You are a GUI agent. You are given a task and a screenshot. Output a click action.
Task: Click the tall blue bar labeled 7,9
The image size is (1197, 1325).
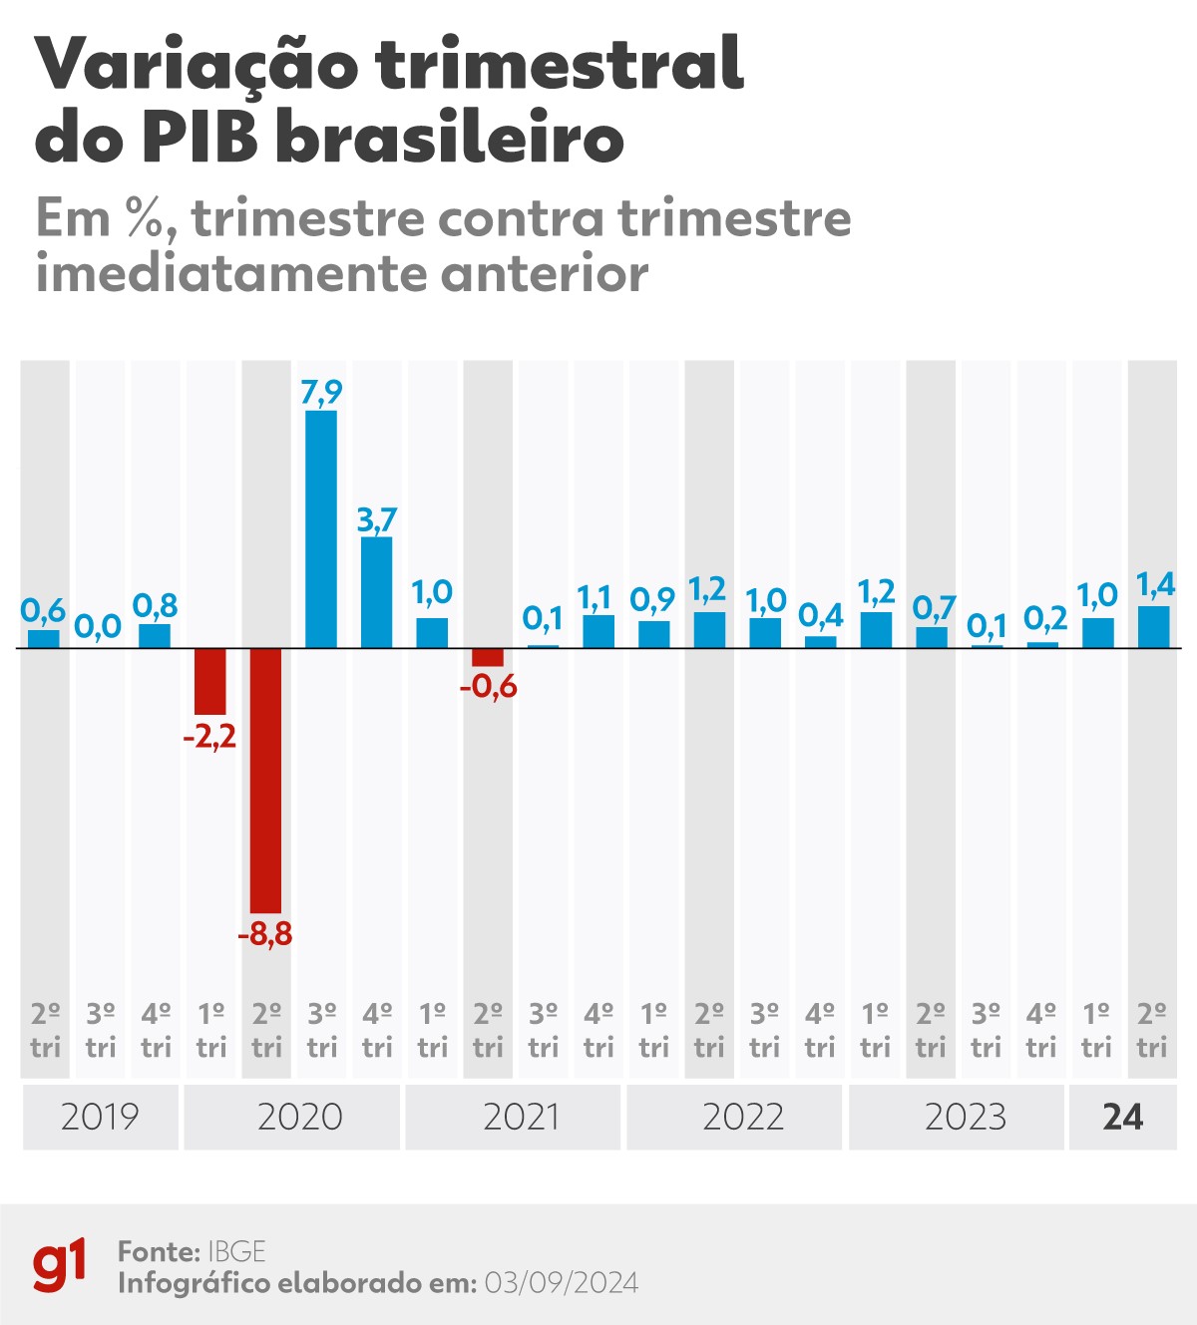coord(321,528)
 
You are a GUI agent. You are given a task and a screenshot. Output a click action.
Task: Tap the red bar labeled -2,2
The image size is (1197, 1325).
coord(210,681)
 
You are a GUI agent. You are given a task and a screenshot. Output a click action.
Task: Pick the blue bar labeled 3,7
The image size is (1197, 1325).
coord(377,592)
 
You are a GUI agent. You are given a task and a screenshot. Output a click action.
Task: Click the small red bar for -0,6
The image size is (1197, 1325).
coord(488,657)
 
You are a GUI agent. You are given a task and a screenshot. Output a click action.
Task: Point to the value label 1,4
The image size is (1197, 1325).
coord(1156,585)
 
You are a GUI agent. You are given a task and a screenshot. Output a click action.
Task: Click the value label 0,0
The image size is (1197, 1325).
coord(98,627)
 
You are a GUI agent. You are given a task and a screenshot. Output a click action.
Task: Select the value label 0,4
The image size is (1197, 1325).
coord(821,616)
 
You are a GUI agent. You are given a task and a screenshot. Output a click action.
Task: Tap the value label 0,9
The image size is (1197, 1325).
coord(652,600)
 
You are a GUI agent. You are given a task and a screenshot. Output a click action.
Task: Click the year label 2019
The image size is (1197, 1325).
coord(100,1117)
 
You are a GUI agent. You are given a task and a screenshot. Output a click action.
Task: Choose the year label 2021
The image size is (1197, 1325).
coord(521,1117)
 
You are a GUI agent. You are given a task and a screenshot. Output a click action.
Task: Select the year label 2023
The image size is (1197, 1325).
coord(965,1117)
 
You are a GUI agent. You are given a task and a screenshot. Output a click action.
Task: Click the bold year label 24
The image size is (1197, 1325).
coord(1122,1117)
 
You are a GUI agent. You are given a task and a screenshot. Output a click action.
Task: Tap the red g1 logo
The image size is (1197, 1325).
coord(60,1266)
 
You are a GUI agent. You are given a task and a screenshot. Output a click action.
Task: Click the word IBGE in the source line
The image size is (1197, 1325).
coord(236,1252)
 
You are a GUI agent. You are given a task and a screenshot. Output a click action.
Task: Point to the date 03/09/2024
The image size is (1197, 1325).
coord(561,1283)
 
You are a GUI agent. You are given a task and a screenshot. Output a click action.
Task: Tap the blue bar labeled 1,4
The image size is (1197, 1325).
coord(1153,627)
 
